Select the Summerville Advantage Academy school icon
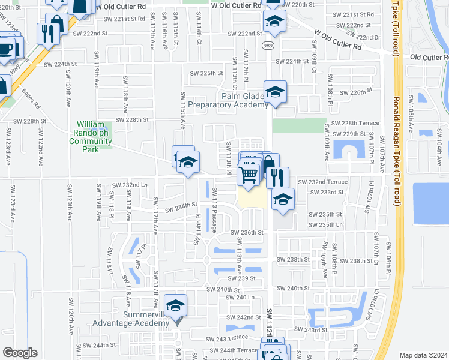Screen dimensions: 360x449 coord(175,306)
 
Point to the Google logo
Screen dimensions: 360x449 coord(20,352)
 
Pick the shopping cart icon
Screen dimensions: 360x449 coord(249,175)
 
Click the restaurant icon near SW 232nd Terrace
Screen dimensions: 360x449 coord(277,178)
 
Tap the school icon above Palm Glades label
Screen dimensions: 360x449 coord(275,92)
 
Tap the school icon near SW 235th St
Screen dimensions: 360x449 coord(283,200)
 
